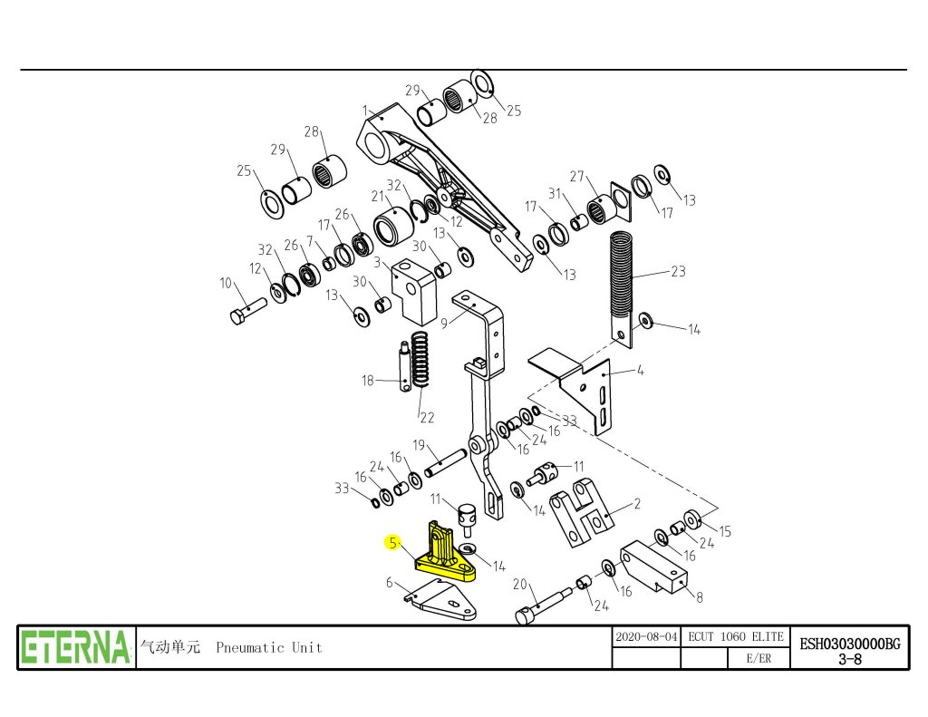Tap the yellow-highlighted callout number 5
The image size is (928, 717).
[392, 543]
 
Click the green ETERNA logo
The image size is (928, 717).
[76, 647]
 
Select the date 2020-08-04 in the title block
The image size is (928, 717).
[646, 637]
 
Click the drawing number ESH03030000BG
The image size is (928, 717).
[849, 643]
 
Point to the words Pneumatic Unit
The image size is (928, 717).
[269, 647]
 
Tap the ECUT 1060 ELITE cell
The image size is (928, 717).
[735, 637]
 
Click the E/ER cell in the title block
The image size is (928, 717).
[759, 659]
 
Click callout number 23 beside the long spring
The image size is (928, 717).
[678, 271]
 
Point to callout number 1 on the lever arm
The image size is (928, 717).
[364, 111]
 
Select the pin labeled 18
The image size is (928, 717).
[405, 365]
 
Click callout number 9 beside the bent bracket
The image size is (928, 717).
[445, 323]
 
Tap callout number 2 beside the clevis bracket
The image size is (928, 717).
[637, 503]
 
